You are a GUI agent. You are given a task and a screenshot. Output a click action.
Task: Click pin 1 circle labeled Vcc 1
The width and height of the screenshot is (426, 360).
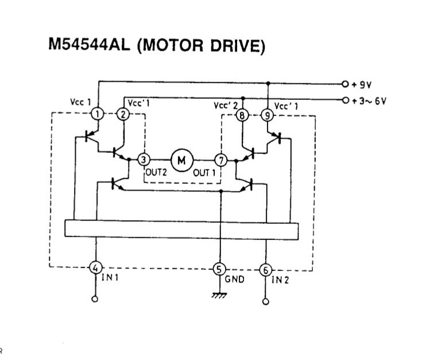tap(98, 114)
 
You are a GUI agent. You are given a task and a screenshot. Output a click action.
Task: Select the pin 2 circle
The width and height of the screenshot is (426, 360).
tap(123, 114)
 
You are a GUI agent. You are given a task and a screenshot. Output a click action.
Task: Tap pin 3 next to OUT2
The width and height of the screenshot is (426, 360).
tap(144, 160)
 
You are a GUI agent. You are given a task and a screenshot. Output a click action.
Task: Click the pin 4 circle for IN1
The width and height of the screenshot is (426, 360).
tap(95, 268)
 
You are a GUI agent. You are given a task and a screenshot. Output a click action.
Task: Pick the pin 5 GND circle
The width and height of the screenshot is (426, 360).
tap(219, 269)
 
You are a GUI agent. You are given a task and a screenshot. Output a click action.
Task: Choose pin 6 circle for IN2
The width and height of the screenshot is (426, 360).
tap(265, 270)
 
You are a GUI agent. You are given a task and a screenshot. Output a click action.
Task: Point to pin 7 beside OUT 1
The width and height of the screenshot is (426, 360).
tap(221, 160)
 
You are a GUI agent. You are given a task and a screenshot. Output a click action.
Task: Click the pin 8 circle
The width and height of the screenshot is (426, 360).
tap(242, 115)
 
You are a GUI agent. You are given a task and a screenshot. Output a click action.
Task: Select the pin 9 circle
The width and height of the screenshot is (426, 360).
tap(268, 116)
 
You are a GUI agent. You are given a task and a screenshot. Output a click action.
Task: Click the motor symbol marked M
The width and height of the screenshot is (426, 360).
tap(182, 160)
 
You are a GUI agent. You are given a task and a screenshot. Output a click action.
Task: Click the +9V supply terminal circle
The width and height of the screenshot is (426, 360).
tap(345, 84)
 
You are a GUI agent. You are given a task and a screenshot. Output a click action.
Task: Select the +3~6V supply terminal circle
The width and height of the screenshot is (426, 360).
tap(345, 100)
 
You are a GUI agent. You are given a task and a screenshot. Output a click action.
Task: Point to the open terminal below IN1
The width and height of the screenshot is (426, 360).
tap(95, 299)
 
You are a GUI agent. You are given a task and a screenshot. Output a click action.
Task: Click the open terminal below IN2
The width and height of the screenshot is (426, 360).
tap(266, 301)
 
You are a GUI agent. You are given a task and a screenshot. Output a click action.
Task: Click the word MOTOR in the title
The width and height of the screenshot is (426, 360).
tap(172, 45)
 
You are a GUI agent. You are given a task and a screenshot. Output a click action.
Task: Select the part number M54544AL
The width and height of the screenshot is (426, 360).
tap(89, 44)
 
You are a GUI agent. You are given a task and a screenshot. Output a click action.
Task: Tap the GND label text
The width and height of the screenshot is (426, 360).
tap(234, 279)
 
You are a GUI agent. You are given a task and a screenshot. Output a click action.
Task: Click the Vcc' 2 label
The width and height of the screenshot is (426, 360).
tap(226, 106)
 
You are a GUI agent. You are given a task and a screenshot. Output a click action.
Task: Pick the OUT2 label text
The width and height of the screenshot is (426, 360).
tap(156, 172)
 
